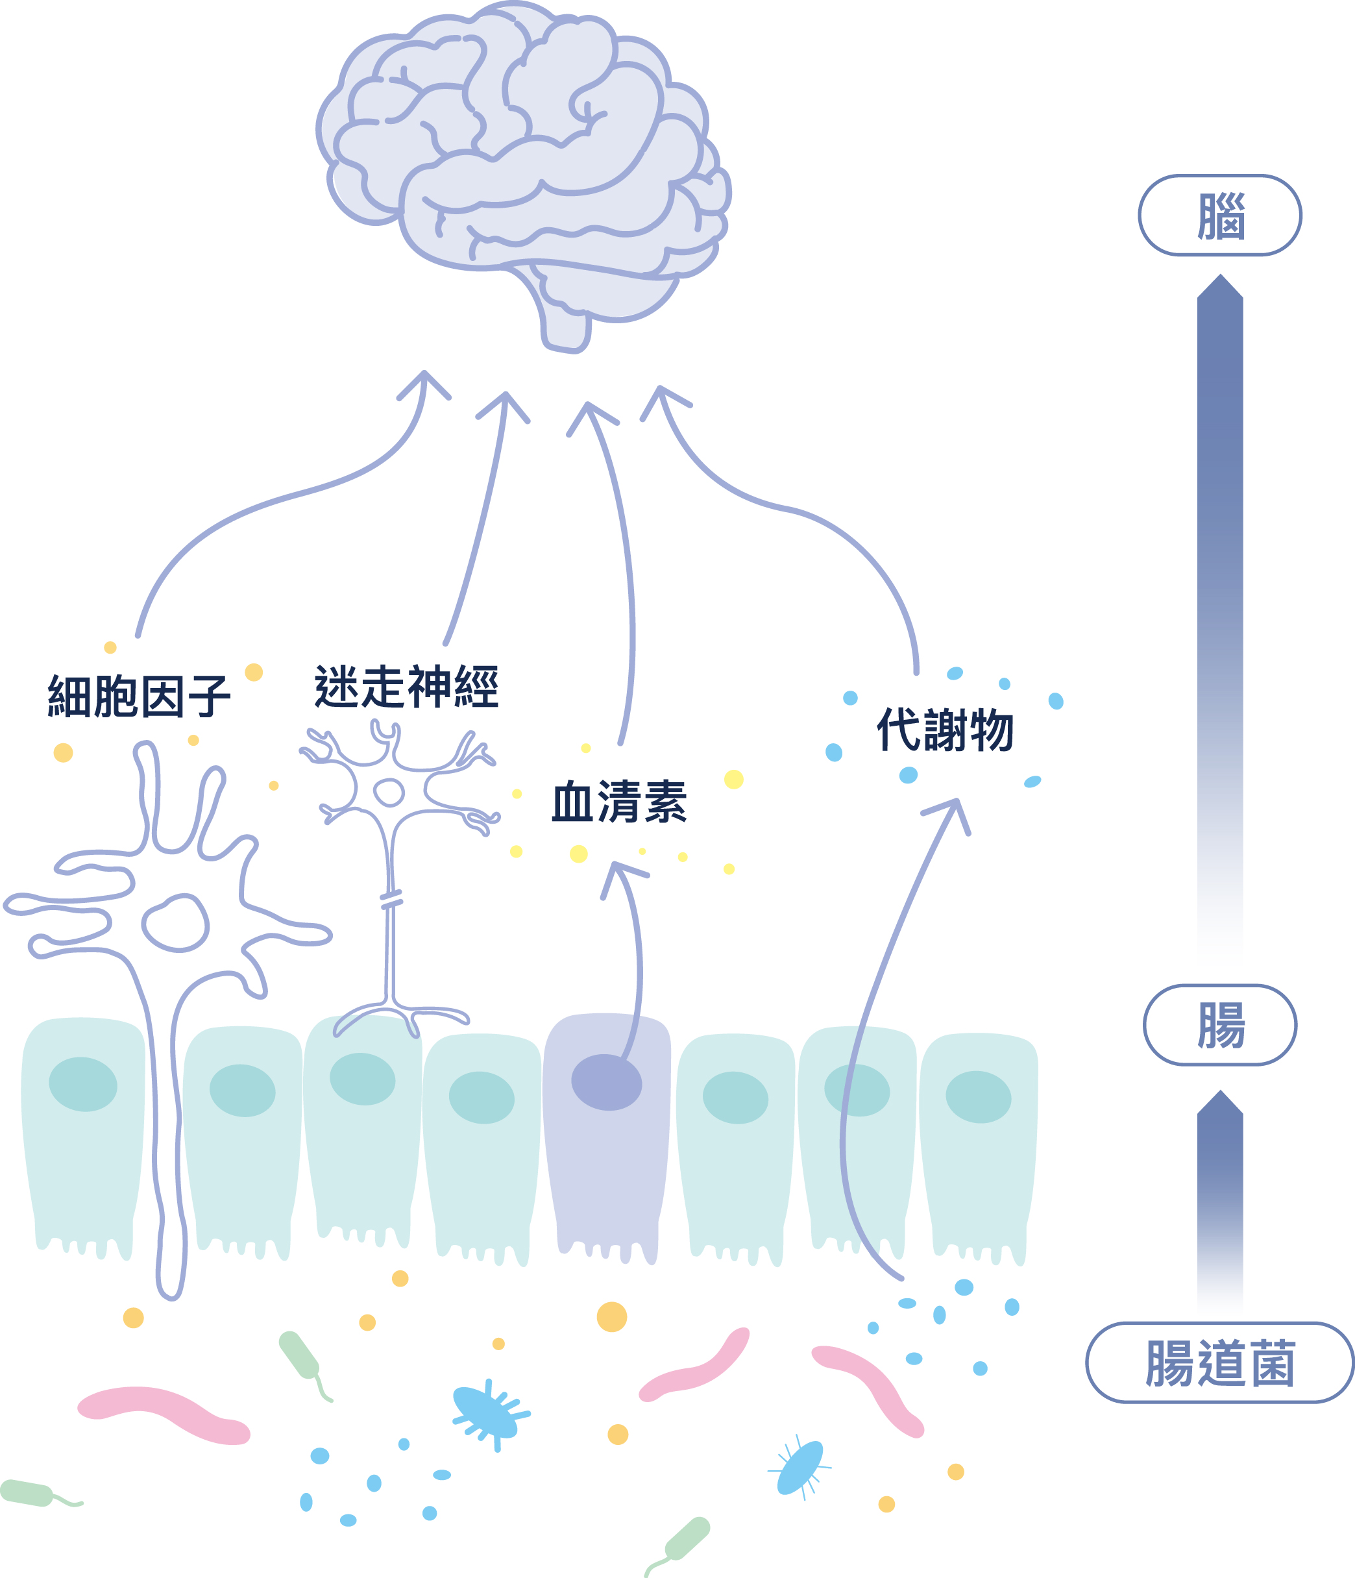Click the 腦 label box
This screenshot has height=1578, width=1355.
pyautogui.click(x=1219, y=216)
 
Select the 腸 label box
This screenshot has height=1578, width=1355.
pyautogui.click(x=1219, y=1025)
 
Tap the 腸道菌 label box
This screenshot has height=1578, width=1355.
pyautogui.click(x=1219, y=1362)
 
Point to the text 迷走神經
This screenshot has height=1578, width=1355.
pyautogui.click(x=406, y=686)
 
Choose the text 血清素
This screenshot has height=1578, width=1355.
pyautogui.click(x=619, y=801)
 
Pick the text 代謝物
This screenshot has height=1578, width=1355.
pyautogui.click(x=945, y=729)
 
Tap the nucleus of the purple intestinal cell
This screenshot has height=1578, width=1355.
pyautogui.click(x=606, y=1082)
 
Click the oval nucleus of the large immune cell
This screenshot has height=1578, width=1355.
pyautogui.click(x=175, y=923)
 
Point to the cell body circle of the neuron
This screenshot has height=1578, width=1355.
pyautogui.click(x=389, y=792)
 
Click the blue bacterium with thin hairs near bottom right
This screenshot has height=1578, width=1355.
pyautogui.click(x=800, y=1467)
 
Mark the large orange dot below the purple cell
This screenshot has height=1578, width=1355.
pyautogui.click(x=611, y=1317)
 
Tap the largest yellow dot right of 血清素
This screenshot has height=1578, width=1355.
pyautogui.click(x=733, y=779)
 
